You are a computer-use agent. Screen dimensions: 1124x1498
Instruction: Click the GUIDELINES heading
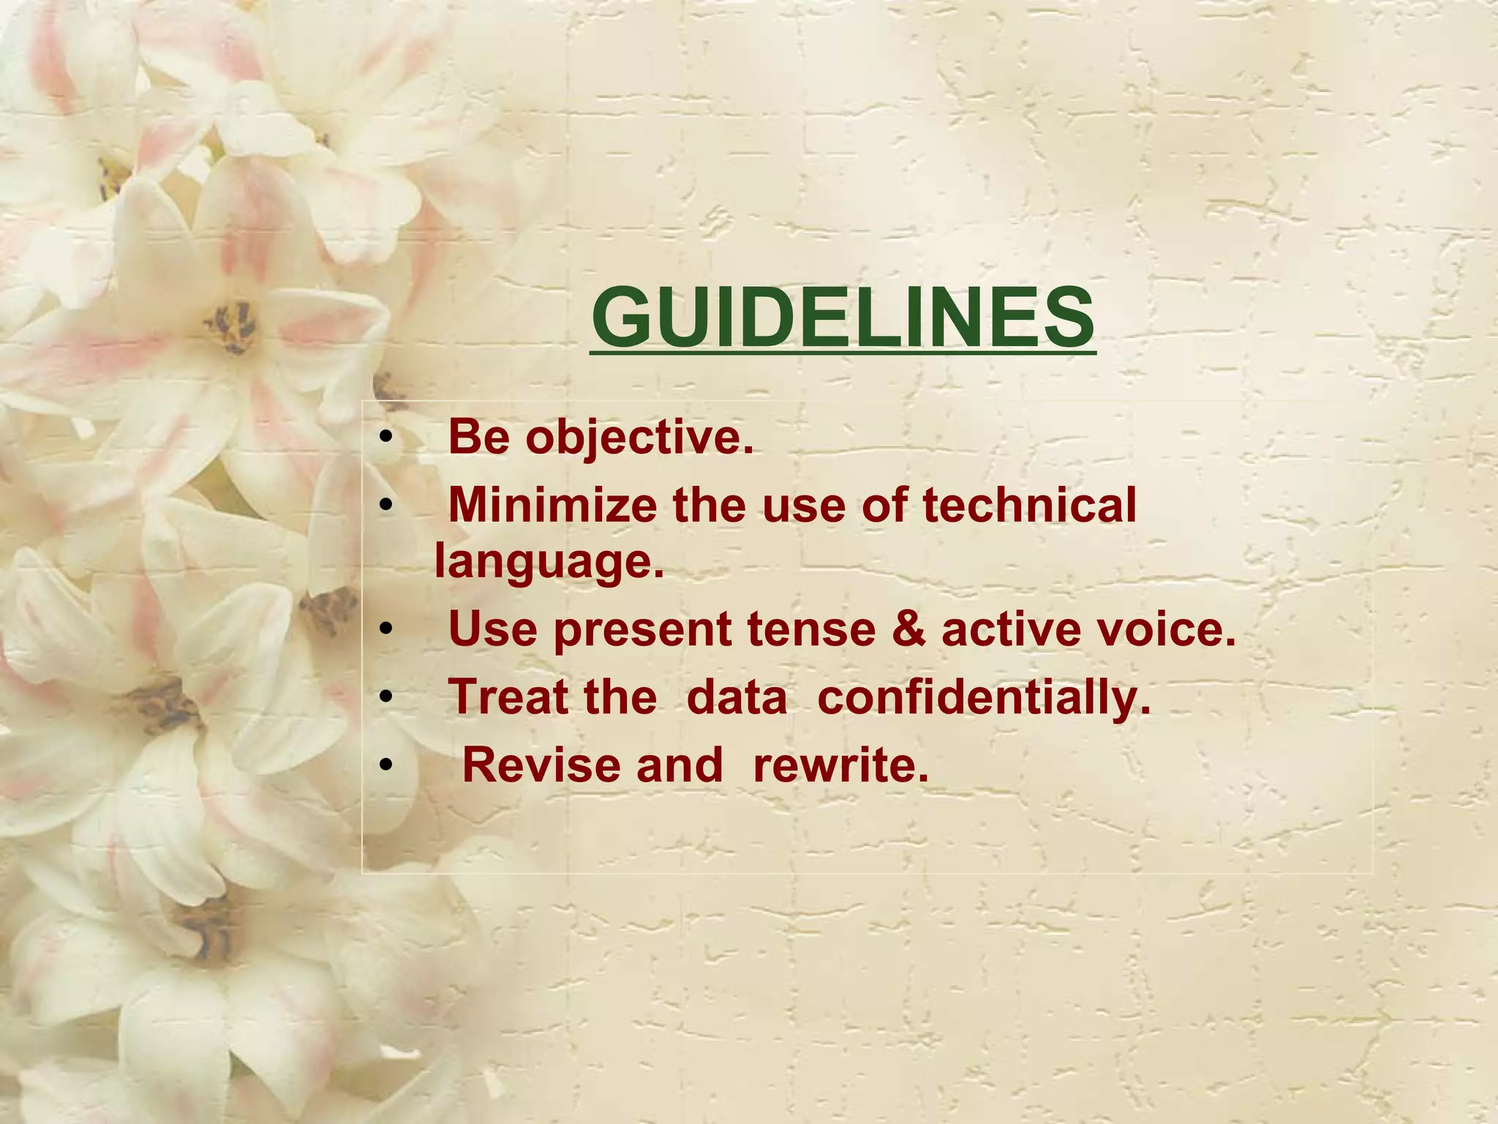843,318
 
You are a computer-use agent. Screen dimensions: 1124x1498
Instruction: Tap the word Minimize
552,505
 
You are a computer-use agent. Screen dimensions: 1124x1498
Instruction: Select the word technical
1029,505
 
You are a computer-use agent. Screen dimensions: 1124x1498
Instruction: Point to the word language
549,562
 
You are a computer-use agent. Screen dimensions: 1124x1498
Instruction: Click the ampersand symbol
908,629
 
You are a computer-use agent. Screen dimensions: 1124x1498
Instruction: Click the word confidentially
984,697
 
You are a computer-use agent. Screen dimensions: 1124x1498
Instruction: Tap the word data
737,697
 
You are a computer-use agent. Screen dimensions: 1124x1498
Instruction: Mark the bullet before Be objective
386,439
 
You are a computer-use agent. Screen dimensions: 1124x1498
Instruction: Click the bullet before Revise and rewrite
386,765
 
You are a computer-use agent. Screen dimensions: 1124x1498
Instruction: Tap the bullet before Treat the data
386,698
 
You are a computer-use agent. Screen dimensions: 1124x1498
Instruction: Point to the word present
642,631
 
